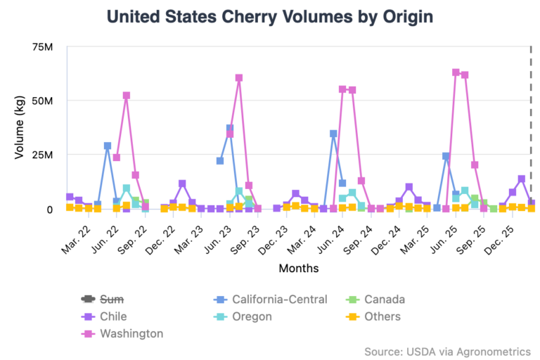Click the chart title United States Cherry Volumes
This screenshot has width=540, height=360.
coord(269,17)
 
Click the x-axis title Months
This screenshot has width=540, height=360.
coord(298,268)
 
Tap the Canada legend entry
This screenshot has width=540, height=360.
coord(379,299)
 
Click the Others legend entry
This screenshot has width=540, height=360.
coord(377,316)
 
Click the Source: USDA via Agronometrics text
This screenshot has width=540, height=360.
coord(447,351)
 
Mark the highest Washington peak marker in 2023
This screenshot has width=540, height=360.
coord(239,78)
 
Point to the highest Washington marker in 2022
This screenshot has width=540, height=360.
coord(126,96)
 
